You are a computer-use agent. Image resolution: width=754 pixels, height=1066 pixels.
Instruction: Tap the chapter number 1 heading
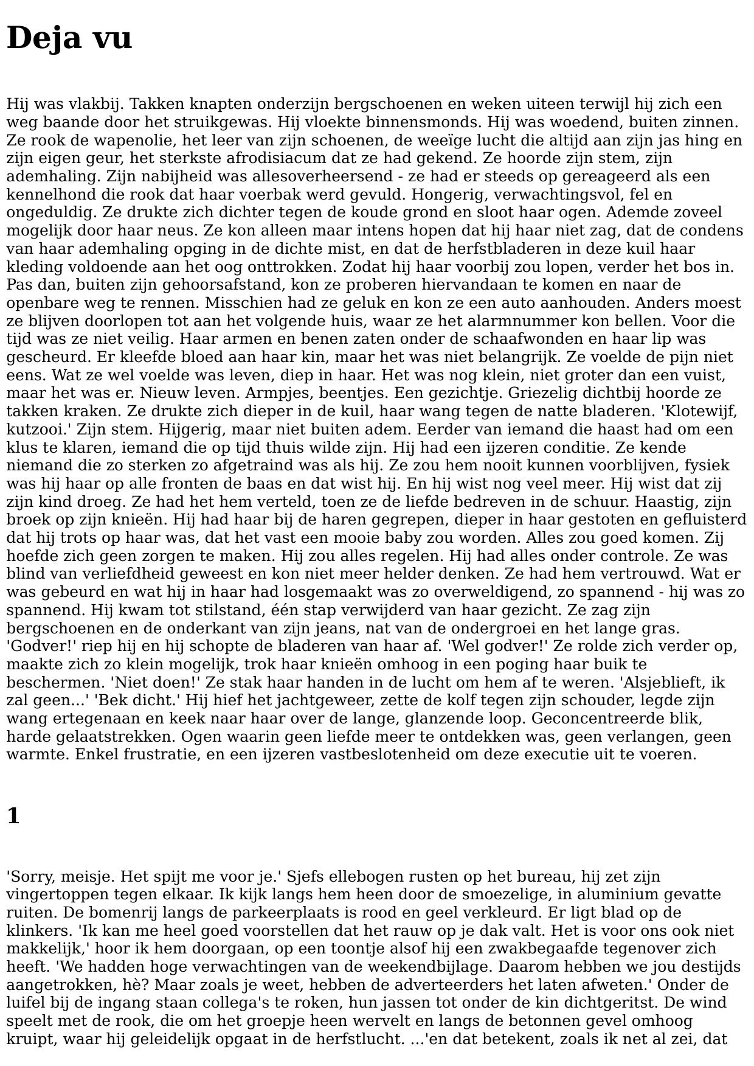pyautogui.click(x=13, y=815)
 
